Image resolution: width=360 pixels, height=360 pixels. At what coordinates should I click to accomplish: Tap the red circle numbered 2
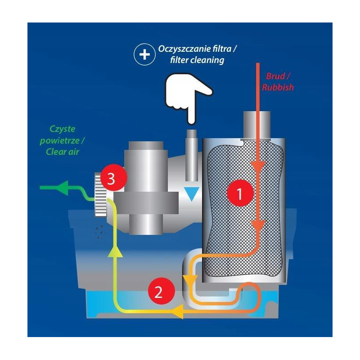[158, 293]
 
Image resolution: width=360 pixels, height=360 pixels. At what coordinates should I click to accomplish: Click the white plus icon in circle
[144, 54]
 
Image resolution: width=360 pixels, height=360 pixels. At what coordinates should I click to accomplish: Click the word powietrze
[65, 140]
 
